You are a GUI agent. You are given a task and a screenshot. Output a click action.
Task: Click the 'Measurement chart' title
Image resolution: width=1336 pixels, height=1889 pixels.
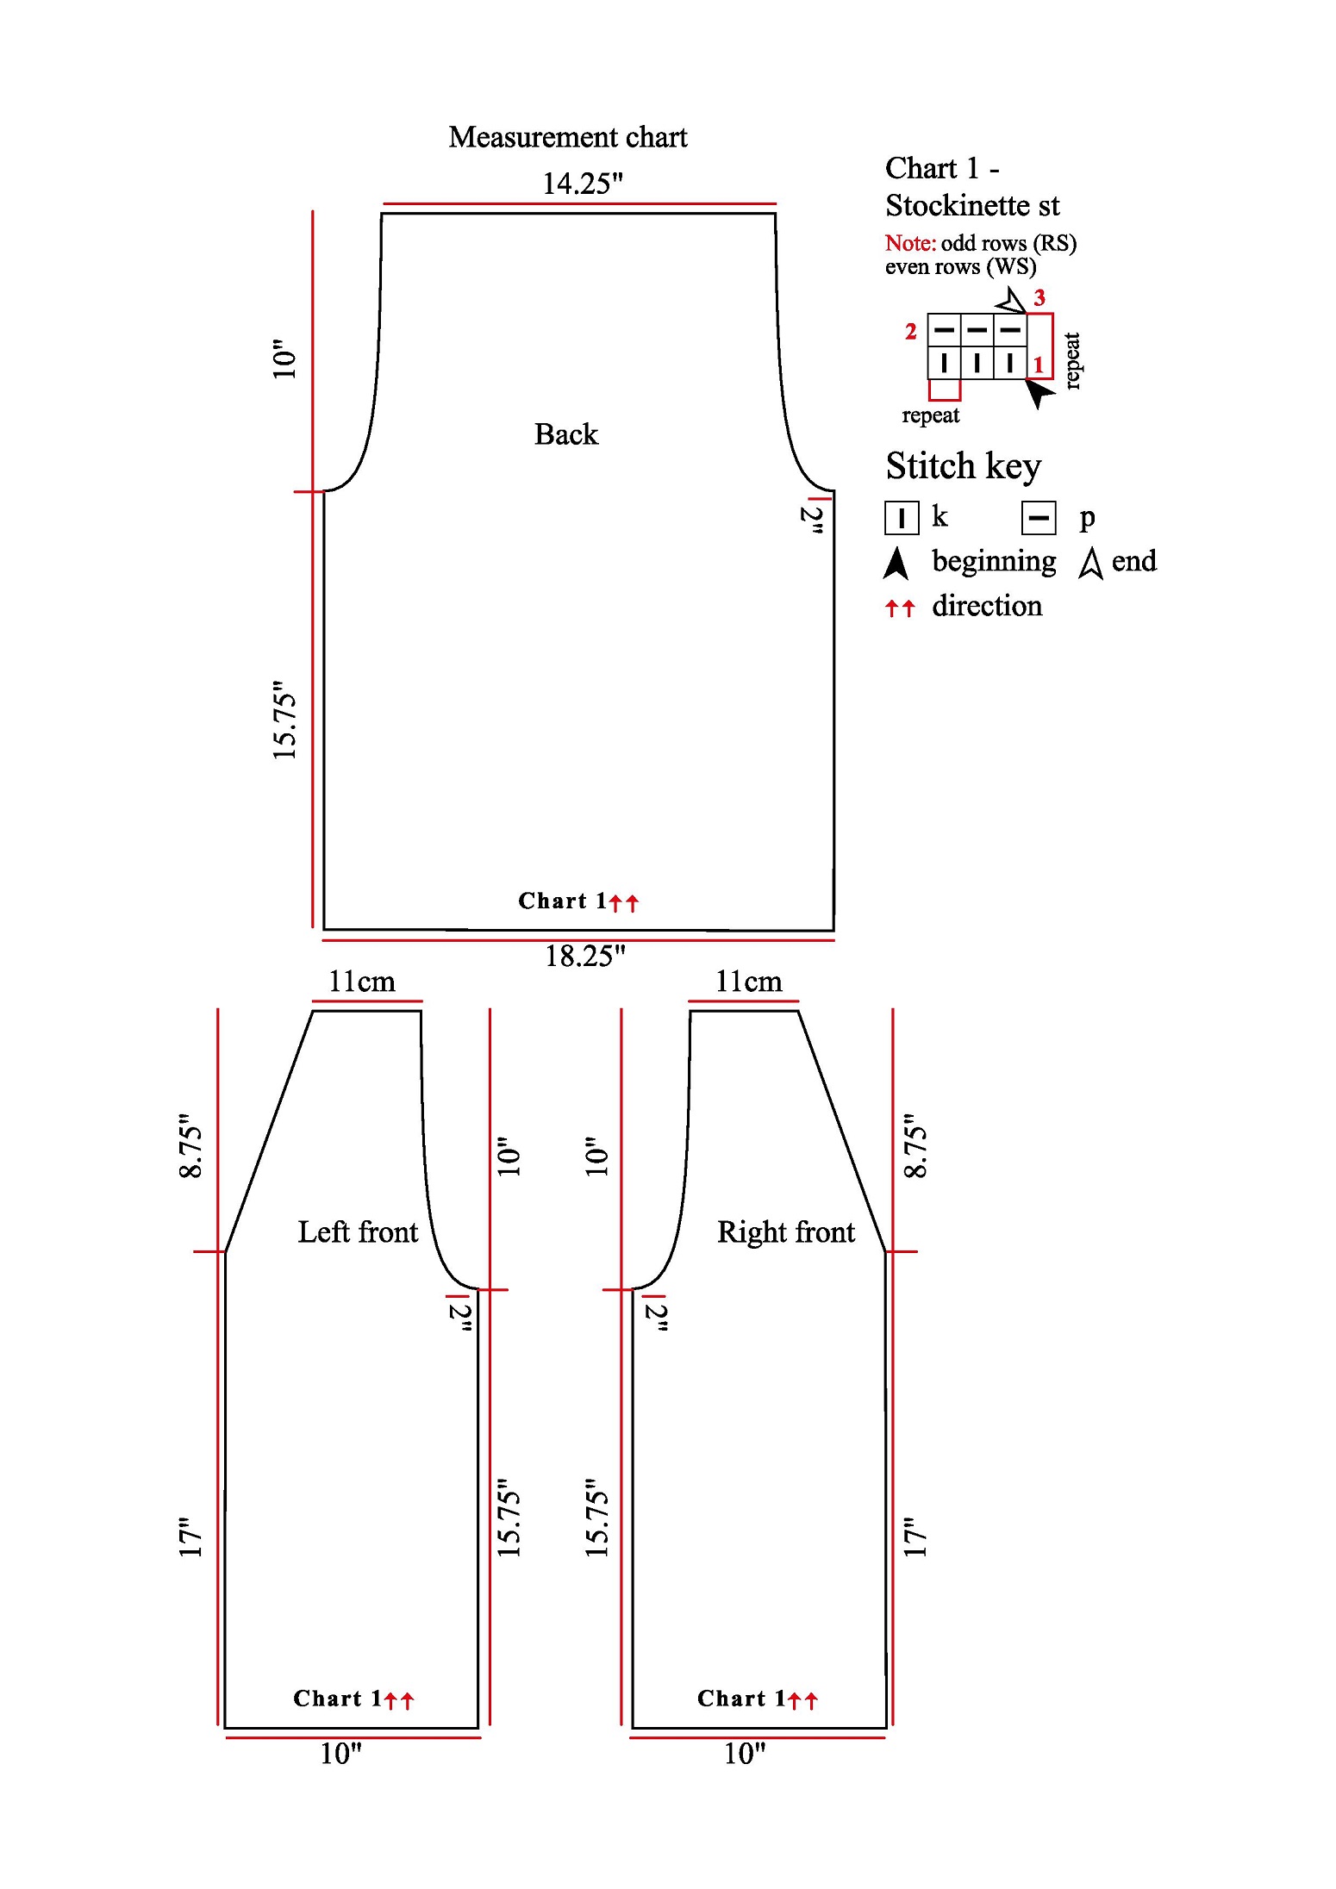click(x=567, y=137)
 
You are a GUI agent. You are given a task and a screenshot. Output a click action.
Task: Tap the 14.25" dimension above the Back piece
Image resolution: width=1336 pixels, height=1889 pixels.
click(x=582, y=184)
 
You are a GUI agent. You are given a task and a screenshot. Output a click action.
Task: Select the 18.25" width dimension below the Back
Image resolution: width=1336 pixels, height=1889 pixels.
click(x=584, y=956)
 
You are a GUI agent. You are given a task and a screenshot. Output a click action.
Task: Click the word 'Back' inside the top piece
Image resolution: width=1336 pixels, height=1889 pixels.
click(x=565, y=433)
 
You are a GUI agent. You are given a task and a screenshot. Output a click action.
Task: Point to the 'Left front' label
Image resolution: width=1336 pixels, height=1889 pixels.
click(x=358, y=1231)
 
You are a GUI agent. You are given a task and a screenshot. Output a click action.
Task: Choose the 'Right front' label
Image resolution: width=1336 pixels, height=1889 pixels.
click(x=786, y=1231)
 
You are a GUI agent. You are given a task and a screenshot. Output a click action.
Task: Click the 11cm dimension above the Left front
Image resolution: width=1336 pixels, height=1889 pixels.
click(x=362, y=982)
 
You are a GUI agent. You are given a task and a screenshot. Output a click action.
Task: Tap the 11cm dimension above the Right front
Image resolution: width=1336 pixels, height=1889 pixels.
click(x=749, y=982)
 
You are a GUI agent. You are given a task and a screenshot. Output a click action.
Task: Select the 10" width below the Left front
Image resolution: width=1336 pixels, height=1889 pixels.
click(x=341, y=1754)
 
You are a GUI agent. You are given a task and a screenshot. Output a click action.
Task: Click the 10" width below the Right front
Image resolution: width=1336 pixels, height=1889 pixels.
click(x=745, y=1754)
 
